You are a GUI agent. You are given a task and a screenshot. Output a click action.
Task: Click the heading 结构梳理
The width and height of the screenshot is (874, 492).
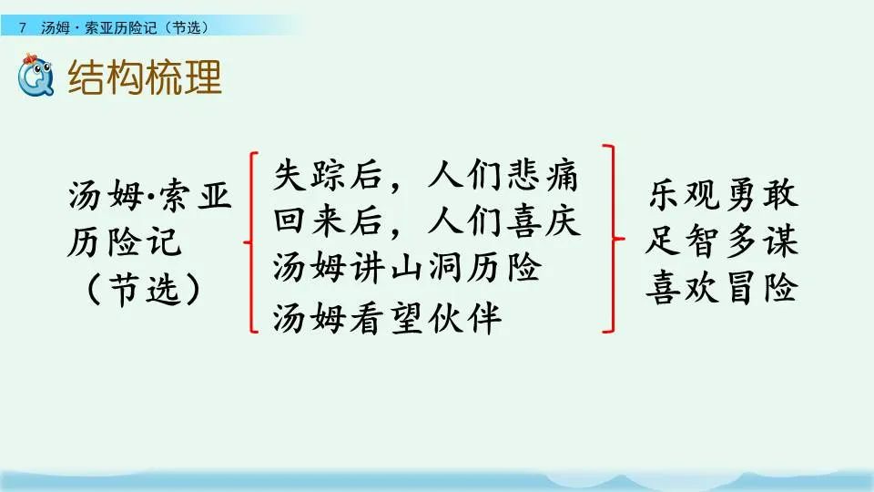pos(145,78)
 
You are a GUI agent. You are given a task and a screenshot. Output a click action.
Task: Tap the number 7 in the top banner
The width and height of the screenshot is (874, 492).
pos(22,27)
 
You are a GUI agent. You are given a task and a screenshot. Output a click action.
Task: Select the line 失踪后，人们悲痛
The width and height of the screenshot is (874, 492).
pos(425,176)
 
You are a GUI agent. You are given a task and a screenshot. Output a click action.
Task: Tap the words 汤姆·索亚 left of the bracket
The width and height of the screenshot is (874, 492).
pos(149,195)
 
